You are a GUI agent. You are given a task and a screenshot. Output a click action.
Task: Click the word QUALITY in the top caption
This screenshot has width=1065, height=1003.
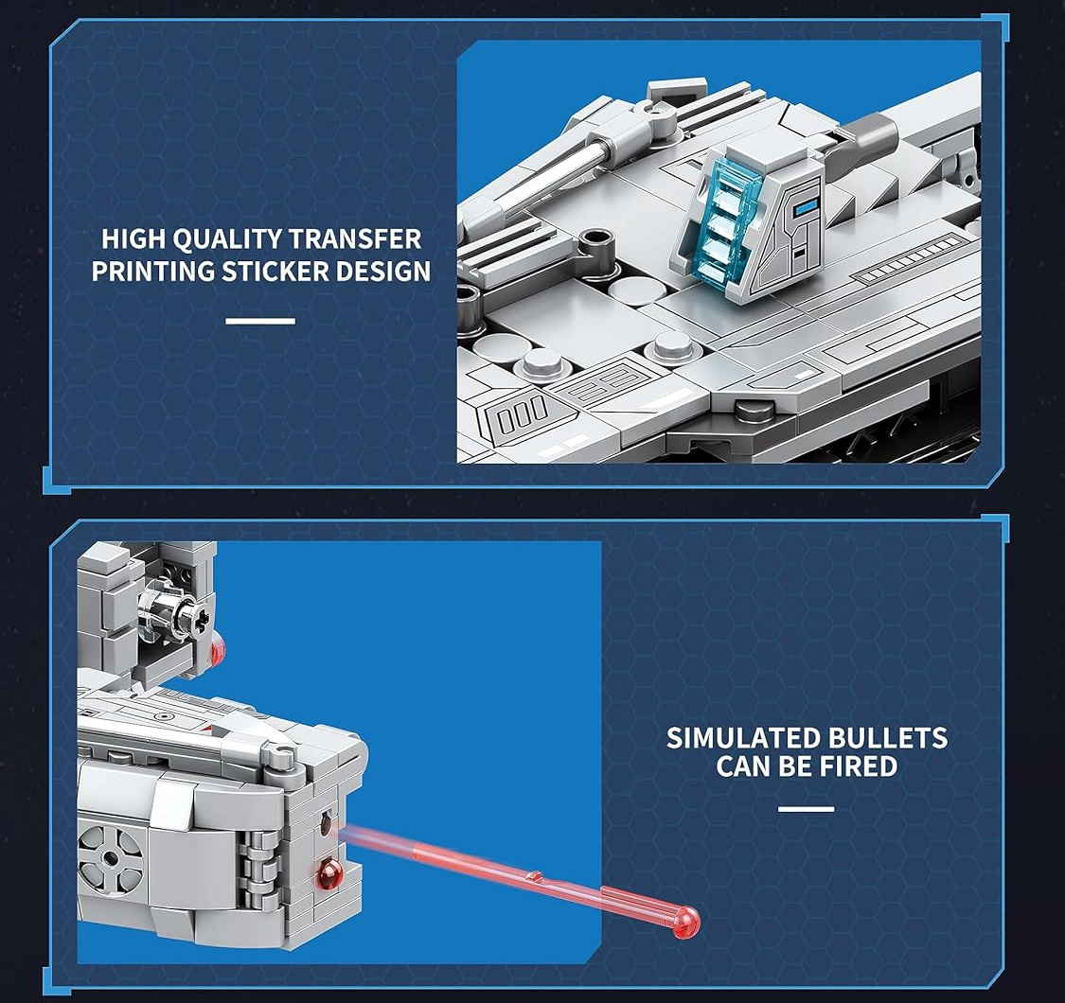click(x=227, y=239)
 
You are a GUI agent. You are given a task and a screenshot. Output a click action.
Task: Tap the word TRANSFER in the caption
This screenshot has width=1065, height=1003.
click(x=355, y=239)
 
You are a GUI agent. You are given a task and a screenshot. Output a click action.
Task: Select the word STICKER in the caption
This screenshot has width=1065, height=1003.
click(x=275, y=271)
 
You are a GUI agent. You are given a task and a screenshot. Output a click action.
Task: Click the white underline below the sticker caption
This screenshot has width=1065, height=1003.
click(x=260, y=321)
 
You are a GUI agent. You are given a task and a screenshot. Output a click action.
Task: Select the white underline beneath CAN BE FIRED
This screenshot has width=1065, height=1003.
click(x=807, y=809)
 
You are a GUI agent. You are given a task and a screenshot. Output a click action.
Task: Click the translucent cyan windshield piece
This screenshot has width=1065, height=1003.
click(x=720, y=218)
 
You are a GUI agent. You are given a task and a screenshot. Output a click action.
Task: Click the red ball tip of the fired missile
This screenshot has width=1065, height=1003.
click(x=686, y=924)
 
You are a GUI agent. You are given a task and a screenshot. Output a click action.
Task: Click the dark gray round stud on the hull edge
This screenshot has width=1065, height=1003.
click(x=754, y=409)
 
